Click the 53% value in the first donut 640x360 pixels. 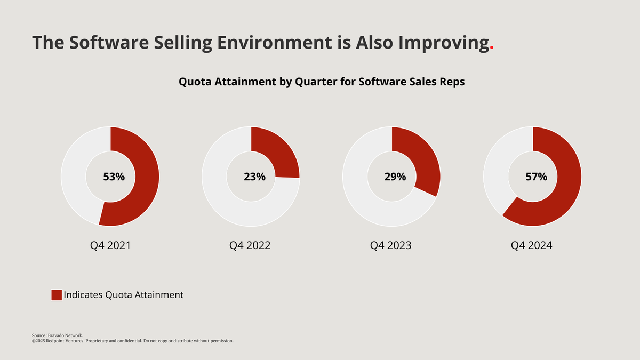click(114, 177)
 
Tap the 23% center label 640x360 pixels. click(254, 177)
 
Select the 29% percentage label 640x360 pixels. click(395, 177)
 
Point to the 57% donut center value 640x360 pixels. click(536, 177)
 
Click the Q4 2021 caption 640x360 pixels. click(110, 246)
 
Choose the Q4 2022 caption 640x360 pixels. click(250, 246)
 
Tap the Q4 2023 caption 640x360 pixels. click(391, 246)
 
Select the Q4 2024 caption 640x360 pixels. click(532, 246)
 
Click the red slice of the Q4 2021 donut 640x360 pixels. click(147, 176)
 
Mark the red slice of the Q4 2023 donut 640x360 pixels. click(424, 165)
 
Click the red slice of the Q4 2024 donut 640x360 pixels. click(565, 181)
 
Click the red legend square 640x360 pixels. click(57, 295)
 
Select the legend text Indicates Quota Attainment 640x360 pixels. click(123, 295)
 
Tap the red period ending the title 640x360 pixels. click(492, 48)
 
